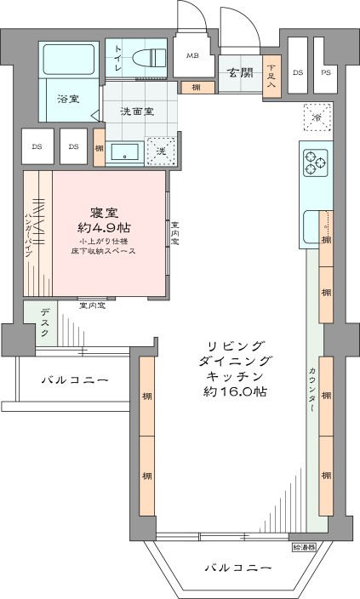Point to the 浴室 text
pyautogui.click(x=69, y=98)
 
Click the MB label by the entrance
pyautogui.click(x=193, y=56)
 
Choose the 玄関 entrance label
pyautogui.click(x=240, y=72)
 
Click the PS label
pyautogui.click(x=325, y=72)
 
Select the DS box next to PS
pyautogui.click(x=298, y=72)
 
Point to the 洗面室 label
pyautogui.click(x=135, y=111)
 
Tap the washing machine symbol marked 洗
pyautogui.click(x=160, y=151)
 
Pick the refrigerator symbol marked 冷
pyautogui.click(x=317, y=116)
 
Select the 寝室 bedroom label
pyautogui.click(x=108, y=213)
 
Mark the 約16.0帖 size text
pyautogui.click(x=236, y=392)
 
